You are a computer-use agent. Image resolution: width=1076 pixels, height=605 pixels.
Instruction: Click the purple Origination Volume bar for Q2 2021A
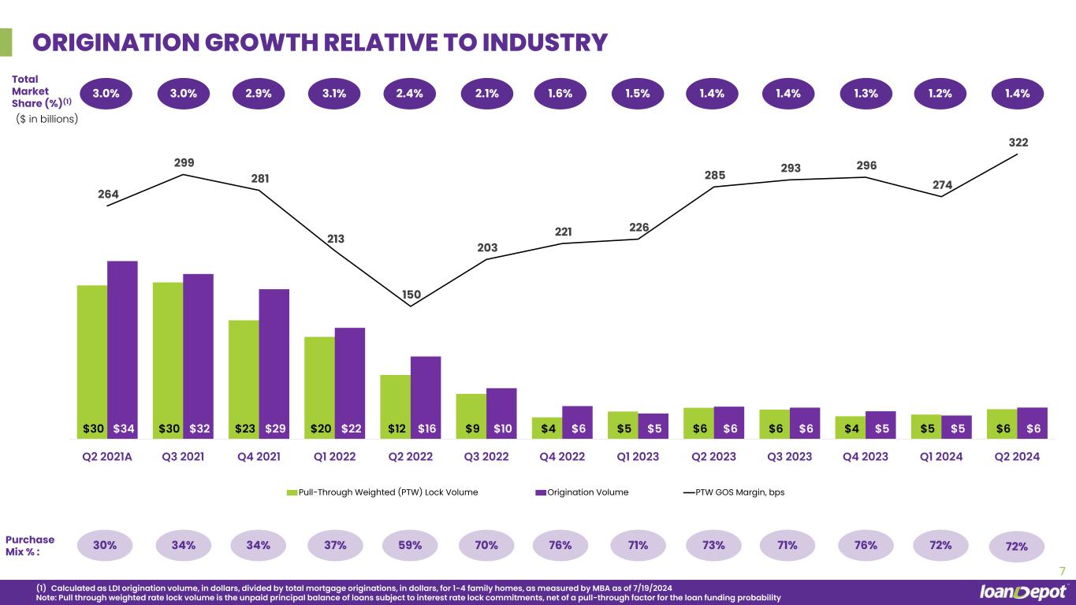click(x=122, y=347)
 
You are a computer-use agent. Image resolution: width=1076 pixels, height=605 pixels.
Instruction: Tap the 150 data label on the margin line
click(x=411, y=295)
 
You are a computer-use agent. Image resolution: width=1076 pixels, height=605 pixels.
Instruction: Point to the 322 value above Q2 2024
click(x=1018, y=143)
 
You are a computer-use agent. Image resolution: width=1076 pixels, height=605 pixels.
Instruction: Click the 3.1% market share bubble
click(x=335, y=93)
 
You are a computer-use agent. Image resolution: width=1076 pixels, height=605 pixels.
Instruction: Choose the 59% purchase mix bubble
click(x=411, y=544)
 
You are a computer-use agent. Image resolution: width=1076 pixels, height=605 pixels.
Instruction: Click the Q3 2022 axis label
click(x=486, y=456)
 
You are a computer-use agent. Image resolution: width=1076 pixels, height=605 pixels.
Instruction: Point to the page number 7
click(x=1063, y=570)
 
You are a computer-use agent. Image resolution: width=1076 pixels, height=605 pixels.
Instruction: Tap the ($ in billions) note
click(x=47, y=119)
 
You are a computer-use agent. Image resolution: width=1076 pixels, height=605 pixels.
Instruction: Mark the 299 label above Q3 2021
click(x=184, y=162)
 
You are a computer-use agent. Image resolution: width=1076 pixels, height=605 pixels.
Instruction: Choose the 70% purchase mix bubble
click(x=486, y=544)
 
